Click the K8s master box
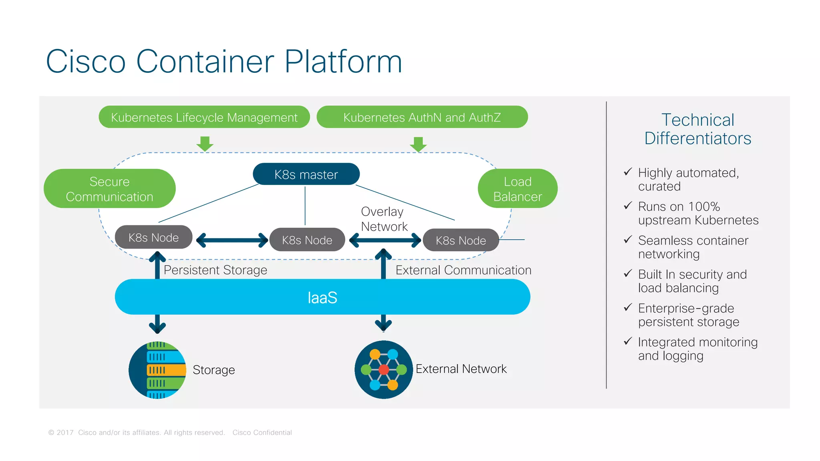(306, 174)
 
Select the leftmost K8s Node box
(154, 237)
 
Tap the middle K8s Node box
(307, 240)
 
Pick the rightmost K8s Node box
(461, 240)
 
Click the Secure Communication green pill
(109, 189)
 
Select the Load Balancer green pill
(517, 189)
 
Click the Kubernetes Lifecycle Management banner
(204, 117)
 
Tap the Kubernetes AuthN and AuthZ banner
(422, 117)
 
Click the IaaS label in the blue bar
(322, 298)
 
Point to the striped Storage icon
(157, 370)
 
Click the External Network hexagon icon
(383, 369)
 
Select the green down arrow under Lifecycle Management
(205, 144)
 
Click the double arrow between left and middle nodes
(232, 240)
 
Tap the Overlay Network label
(384, 219)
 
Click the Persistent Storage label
(215, 270)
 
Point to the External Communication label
(463, 270)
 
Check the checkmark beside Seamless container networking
(628, 240)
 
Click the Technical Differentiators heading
(697, 129)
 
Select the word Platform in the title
(343, 62)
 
